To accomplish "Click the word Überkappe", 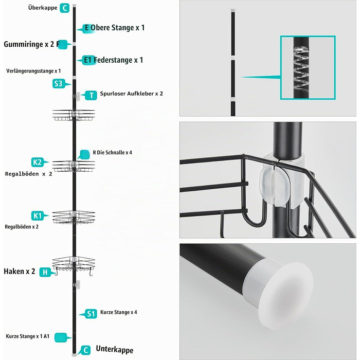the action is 43,8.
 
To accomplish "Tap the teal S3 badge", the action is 58,84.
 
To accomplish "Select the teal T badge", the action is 91,95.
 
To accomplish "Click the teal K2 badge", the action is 38,163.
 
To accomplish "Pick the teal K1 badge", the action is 38,216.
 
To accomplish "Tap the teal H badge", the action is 45,272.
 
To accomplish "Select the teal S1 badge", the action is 91,314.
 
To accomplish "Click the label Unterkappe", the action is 114,349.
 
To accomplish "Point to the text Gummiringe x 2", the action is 29,44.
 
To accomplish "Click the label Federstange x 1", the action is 118,60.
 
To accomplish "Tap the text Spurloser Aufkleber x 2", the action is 131,94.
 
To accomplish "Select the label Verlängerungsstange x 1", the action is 33,71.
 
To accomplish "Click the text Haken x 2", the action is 20,272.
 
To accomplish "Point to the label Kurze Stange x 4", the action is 118,312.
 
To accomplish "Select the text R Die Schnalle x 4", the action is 113,152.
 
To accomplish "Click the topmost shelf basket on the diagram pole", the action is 74,115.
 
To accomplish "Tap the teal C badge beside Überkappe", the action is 64,8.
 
